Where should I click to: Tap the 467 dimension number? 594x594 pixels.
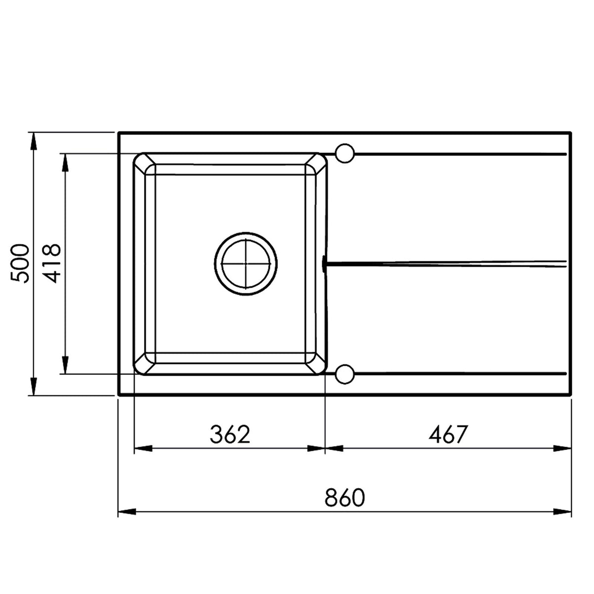[448, 435]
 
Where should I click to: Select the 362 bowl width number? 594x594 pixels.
[230, 435]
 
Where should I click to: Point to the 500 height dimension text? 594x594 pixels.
[20, 264]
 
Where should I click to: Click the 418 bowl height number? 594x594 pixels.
[51, 264]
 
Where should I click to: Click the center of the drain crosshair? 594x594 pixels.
[246, 263]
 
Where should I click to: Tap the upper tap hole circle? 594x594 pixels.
[345, 153]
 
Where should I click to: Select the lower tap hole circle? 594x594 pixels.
[345, 374]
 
